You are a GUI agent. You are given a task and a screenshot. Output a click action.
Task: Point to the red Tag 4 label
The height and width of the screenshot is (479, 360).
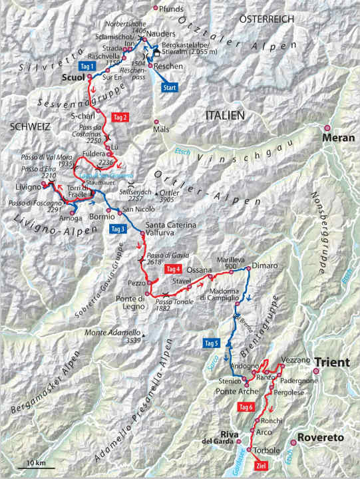tap(173, 269)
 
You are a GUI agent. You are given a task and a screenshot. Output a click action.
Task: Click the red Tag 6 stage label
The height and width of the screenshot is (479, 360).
tap(246, 406)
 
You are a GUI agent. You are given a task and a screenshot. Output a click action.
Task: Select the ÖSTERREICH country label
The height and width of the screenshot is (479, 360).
tap(267, 19)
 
